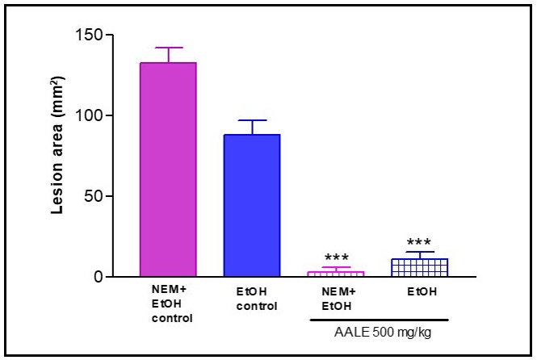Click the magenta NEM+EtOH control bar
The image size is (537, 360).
click(169, 170)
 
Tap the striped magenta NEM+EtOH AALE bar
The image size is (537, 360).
click(337, 274)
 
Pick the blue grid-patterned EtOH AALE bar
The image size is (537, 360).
click(421, 268)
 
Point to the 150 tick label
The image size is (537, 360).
click(94, 35)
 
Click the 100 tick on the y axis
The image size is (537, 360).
click(94, 115)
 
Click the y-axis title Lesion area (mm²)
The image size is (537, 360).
click(59, 156)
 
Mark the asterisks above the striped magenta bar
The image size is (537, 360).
click(337, 257)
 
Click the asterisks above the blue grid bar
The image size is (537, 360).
click(421, 243)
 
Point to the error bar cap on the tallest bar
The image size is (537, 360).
click(169, 48)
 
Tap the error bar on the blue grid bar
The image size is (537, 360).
click(421, 255)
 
